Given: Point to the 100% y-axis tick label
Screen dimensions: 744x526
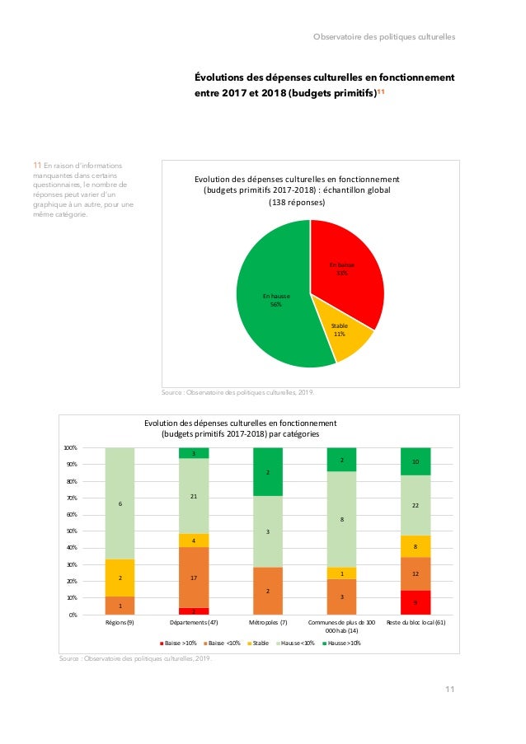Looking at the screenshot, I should pyautogui.click(x=69, y=448).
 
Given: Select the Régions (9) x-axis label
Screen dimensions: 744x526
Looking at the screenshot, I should pyautogui.click(x=120, y=624).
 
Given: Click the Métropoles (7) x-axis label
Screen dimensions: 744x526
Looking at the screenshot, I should pyautogui.click(x=268, y=624).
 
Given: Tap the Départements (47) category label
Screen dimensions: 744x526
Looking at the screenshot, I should pyautogui.click(x=194, y=624).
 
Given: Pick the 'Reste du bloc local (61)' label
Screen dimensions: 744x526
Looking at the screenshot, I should pyautogui.click(x=416, y=624).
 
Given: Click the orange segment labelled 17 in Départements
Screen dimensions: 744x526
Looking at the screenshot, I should pyautogui.click(x=194, y=578).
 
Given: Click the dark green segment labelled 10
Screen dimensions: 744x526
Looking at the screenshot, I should pyautogui.click(x=416, y=461).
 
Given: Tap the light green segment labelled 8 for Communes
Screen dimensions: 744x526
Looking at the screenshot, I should pyautogui.click(x=341, y=519).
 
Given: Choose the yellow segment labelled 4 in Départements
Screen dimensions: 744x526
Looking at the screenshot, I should pyautogui.click(x=194, y=540).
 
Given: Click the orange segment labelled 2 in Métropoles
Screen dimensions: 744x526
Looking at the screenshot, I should pyautogui.click(x=268, y=591).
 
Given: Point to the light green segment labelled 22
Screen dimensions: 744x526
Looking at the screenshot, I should pyautogui.click(x=416, y=505).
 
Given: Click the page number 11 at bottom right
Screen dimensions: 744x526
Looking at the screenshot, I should pyautogui.click(x=449, y=690).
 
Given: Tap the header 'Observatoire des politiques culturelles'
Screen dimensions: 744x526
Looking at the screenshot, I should pyautogui.click(x=384, y=36).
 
